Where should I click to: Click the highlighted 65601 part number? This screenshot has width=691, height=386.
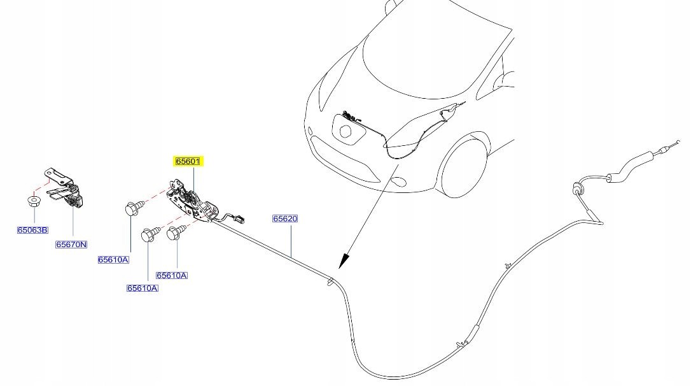coord(188,161)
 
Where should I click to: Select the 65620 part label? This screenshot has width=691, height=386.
coord(285,218)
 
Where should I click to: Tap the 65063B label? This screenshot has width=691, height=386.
coord(32,230)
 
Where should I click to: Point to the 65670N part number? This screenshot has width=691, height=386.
coord(71,245)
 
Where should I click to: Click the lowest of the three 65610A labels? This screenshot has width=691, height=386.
coord(143,288)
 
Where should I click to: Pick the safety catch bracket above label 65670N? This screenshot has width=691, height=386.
coord(64,187)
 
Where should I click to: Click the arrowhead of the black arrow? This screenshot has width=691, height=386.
coord(344,261)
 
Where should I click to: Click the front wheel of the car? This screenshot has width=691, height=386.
coord(463,166)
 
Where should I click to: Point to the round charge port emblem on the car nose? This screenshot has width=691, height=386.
coord(346,131)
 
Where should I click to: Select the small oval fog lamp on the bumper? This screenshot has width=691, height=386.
coord(399,180)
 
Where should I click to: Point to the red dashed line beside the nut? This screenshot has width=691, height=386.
coord(41,186)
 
